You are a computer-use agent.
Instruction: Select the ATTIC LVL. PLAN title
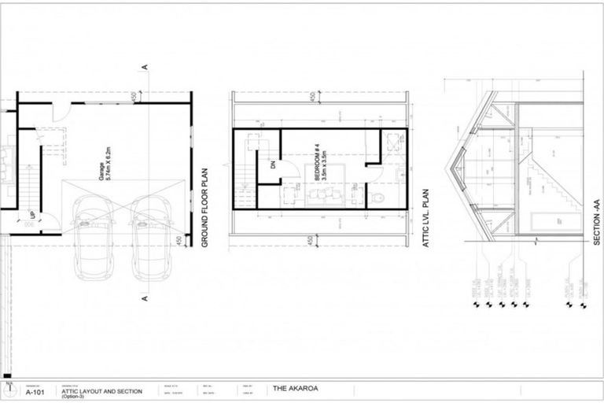[425, 218]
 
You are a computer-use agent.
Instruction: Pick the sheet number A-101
[35, 391]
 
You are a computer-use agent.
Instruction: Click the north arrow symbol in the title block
[9, 389]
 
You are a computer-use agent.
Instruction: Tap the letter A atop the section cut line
[146, 67]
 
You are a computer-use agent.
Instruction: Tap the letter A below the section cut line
[145, 299]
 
